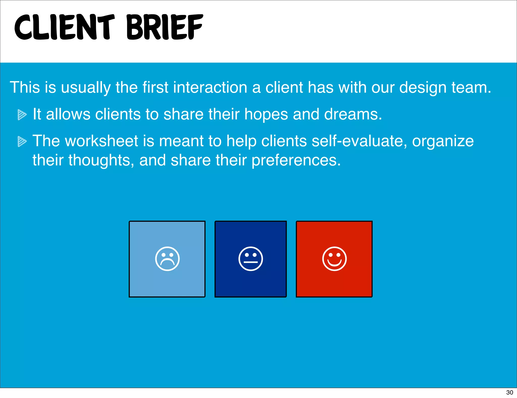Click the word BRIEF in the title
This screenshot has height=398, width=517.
coord(165,27)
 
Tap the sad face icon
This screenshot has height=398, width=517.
coord(167,259)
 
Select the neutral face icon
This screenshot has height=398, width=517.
coord(250,259)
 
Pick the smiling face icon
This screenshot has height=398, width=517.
coord(334,259)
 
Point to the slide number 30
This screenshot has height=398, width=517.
coord(509,392)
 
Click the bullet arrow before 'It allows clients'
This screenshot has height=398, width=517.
coord(22,115)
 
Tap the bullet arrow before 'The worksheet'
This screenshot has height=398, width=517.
coord(22,141)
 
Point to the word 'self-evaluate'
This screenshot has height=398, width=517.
coord(359,141)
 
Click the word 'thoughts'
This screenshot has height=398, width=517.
coord(99,161)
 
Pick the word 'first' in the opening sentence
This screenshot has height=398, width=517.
coord(155,87)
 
